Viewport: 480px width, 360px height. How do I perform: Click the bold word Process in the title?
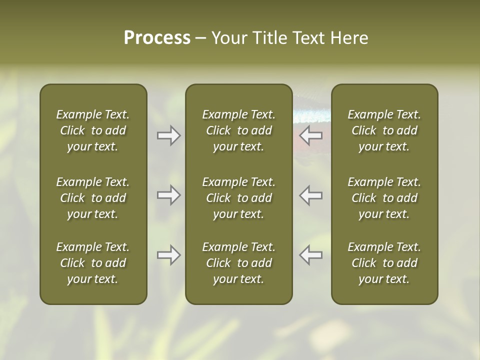157,38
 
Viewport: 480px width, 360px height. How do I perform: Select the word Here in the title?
348,38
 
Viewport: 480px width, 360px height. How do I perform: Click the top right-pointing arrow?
168,135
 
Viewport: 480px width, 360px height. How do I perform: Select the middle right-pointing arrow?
168,195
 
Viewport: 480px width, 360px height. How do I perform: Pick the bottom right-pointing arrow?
168,255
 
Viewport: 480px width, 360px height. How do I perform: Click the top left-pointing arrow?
311,135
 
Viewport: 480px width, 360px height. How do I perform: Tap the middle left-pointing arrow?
311,195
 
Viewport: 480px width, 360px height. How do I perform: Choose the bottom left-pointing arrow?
311,255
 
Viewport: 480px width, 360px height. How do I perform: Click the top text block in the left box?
93,130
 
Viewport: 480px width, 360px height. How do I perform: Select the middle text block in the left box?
93,198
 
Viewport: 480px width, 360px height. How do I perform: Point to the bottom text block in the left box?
93,263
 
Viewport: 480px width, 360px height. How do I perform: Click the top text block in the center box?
238,130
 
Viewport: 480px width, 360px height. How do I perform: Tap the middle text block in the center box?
238,198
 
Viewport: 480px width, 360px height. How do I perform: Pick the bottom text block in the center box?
238,263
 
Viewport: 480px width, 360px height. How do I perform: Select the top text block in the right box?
384,130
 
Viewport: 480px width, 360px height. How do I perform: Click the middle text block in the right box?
384,198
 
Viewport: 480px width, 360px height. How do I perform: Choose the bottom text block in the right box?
384,263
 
